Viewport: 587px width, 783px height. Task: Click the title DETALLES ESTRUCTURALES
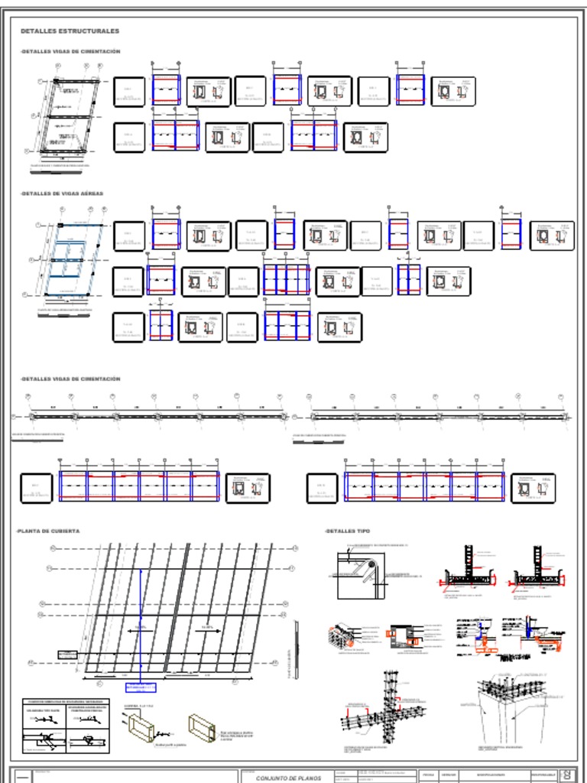tap(70, 31)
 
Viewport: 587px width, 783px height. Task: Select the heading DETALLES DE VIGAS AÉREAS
tap(62, 193)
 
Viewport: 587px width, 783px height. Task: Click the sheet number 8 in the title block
tap(567, 775)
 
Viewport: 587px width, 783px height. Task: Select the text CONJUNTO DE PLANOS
tap(284, 777)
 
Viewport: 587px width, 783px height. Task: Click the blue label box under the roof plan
tap(141, 687)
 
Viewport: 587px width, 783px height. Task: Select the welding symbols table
tap(66, 726)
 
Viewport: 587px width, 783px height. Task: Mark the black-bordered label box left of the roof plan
tap(68, 655)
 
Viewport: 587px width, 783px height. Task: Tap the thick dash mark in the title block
tap(23, 778)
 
